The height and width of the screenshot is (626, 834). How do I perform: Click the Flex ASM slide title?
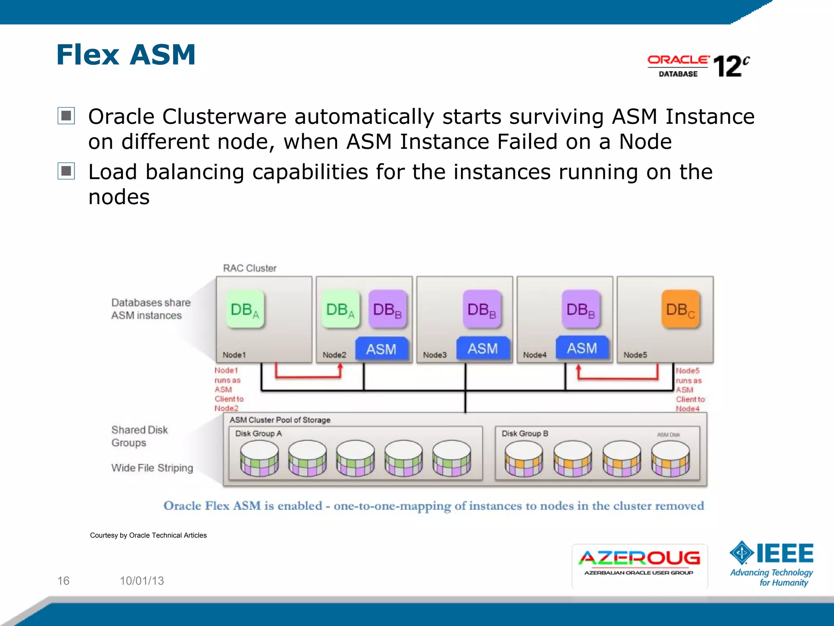[x=126, y=55]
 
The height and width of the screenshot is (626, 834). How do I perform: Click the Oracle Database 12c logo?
[x=698, y=66]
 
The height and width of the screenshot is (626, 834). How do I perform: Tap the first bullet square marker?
[x=66, y=116]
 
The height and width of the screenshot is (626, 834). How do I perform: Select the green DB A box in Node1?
[x=245, y=309]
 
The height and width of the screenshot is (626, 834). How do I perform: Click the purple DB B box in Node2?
[x=387, y=309]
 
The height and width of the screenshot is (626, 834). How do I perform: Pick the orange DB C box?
[x=680, y=309]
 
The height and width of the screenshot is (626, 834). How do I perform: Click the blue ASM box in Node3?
[x=483, y=348]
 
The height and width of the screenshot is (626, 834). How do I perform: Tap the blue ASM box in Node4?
[x=582, y=348]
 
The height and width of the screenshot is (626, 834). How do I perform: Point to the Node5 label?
[x=635, y=355]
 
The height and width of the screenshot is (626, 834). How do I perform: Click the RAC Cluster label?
[x=250, y=268]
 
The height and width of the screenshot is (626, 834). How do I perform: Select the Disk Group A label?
[x=258, y=433]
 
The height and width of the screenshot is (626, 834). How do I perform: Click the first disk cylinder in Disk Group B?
[x=523, y=458]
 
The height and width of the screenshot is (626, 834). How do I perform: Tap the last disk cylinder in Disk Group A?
[x=452, y=458]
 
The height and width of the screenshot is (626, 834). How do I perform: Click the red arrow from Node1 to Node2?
[x=308, y=377]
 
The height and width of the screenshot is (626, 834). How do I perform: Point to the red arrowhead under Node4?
[x=578, y=368]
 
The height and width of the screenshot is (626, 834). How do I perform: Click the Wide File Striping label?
[x=152, y=468]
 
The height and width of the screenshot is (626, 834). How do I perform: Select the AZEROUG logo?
[x=639, y=564]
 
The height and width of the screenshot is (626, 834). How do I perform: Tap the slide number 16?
[x=63, y=581]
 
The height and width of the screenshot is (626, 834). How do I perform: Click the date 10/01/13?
[x=142, y=581]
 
